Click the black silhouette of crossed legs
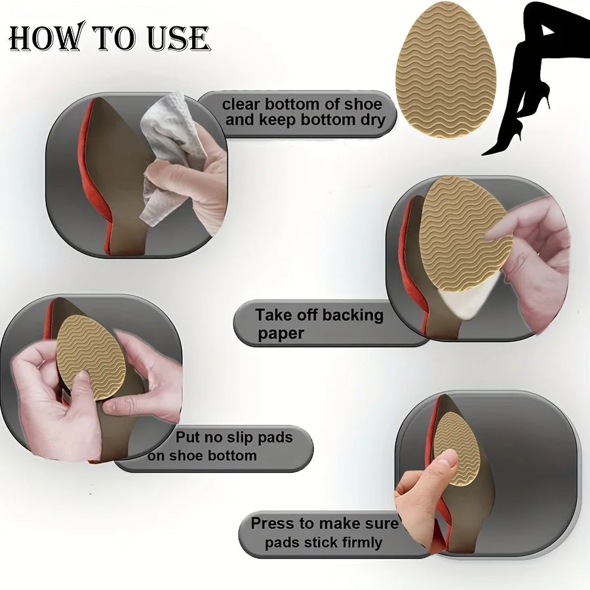[x=531, y=72]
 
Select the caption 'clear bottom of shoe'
[x=302, y=104]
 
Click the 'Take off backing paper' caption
[x=319, y=324]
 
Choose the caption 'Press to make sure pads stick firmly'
[x=324, y=533]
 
